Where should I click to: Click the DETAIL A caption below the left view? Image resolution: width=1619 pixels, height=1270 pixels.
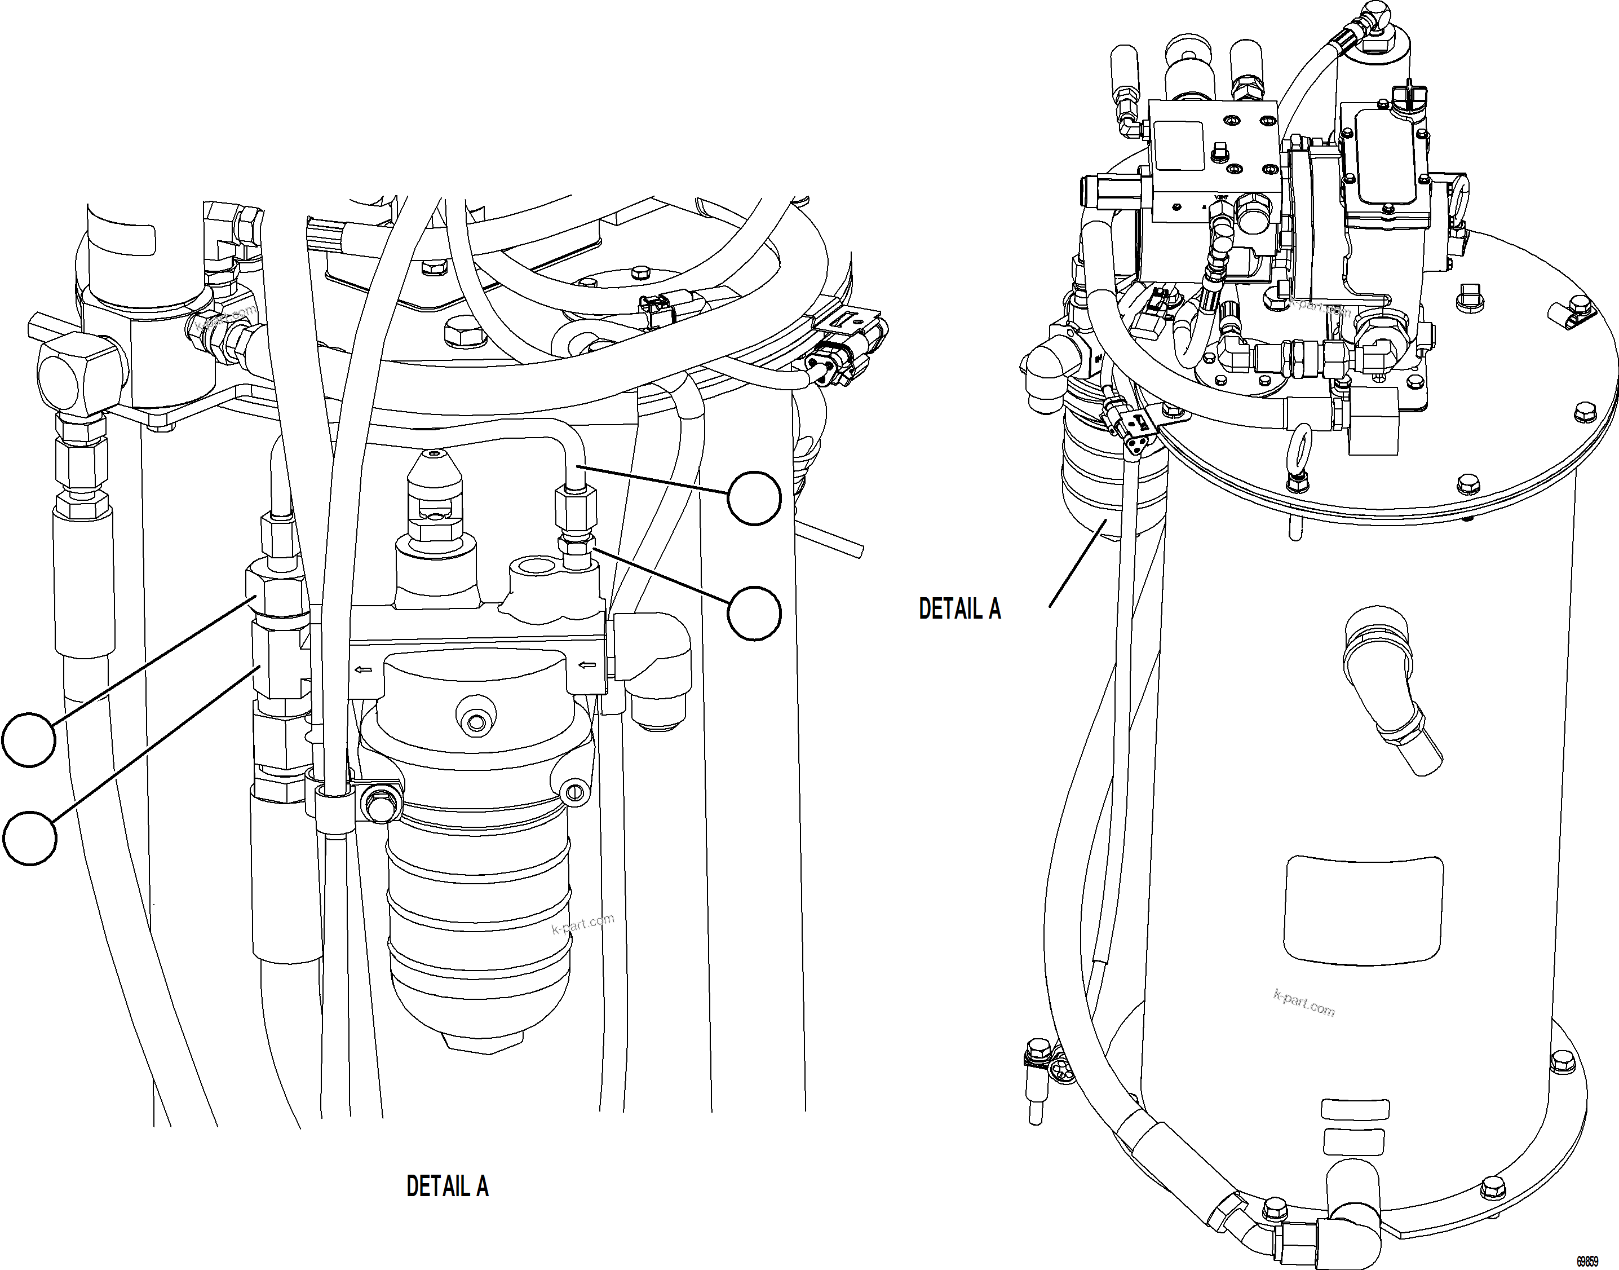coord(447,1186)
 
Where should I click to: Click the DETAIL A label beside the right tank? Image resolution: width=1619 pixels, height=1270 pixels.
coord(959,608)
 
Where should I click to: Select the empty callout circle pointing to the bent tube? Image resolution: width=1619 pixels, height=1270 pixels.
coord(754,498)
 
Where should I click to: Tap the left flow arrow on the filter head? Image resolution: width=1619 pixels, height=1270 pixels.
coord(364,670)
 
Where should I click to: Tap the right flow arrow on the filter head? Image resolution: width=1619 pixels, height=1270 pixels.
coord(588,664)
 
